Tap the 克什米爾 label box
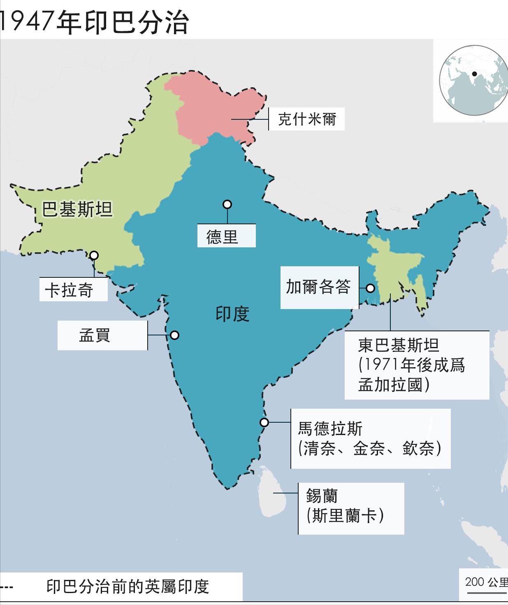tap(306, 119)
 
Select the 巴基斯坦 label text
tap(77, 209)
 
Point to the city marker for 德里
tap(227, 205)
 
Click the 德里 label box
tap(226, 236)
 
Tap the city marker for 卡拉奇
tap(94, 255)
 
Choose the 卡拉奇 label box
tap(73, 290)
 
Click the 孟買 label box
tap(102, 335)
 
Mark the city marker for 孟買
tap(175, 335)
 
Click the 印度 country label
tap(232, 314)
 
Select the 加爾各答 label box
tap(319, 287)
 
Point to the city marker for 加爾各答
tap(371, 288)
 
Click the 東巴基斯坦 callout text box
tap(416, 365)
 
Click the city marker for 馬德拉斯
tap(264, 422)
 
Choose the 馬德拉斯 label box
tap(370, 439)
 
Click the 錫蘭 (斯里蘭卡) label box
tap(351, 508)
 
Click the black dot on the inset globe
tap(474, 74)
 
